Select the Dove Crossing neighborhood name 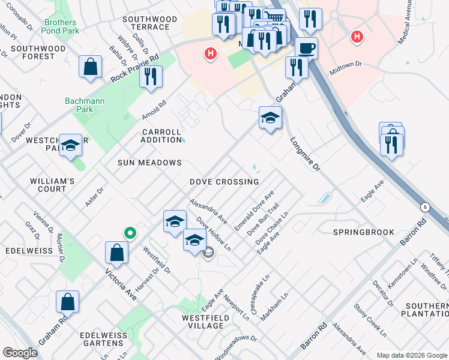point(224,182)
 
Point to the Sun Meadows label point(149,163)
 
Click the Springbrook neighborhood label point(364,232)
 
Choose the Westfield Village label point(205,321)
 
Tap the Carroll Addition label point(161,136)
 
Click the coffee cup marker point(306,47)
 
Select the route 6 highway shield point(425,207)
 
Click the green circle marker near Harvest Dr point(129,233)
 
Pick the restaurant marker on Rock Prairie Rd point(151,77)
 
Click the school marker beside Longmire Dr point(270,118)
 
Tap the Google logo point(20,353)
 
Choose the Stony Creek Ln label point(369,320)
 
